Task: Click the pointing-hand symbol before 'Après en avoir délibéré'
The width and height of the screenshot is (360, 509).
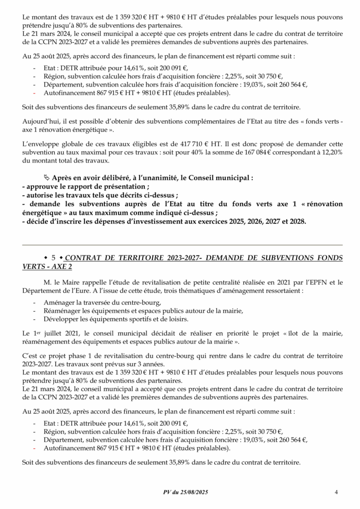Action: [x=47, y=177]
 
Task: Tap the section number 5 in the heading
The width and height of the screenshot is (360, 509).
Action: [x=54, y=257]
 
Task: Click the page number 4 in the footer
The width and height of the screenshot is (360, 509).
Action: [x=337, y=492]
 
